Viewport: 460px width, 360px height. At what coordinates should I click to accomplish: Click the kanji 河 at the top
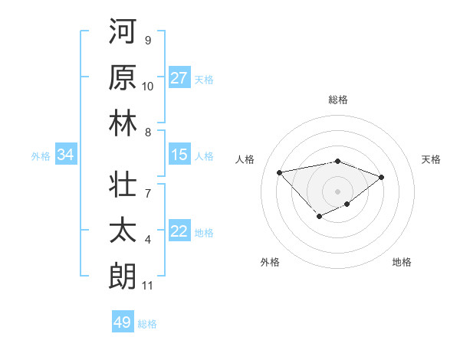[122, 33]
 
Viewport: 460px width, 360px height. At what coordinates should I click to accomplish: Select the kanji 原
[122, 78]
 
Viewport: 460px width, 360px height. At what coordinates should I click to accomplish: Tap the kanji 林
[122, 124]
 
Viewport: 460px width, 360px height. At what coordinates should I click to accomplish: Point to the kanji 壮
[122, 185]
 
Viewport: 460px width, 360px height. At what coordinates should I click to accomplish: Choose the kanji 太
[122, 231]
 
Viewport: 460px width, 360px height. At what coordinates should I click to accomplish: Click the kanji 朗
[122, 277]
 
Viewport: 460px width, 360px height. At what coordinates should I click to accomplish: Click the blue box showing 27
[179, 78]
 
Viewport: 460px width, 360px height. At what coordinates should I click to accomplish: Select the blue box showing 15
[179, 155]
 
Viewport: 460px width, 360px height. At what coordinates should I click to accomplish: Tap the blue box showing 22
[179, 232]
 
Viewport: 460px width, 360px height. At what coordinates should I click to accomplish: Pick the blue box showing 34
[65, 155]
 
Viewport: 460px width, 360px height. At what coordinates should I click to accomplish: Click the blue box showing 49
[123, 322]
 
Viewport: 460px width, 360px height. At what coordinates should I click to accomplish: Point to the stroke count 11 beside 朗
[147, 286]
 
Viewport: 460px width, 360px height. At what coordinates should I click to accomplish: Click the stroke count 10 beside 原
[147, 86]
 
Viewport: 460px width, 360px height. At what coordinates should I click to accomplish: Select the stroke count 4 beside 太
[147, 240]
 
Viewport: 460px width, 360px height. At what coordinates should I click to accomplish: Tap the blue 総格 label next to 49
[147, 324]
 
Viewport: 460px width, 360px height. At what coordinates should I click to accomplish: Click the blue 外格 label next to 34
[41, 156]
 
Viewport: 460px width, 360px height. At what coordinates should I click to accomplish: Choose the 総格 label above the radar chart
[338, 100]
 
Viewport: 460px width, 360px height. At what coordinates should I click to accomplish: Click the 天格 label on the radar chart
[432, 159]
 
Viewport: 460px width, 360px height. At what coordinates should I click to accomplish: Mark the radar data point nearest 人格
[280, 172]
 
